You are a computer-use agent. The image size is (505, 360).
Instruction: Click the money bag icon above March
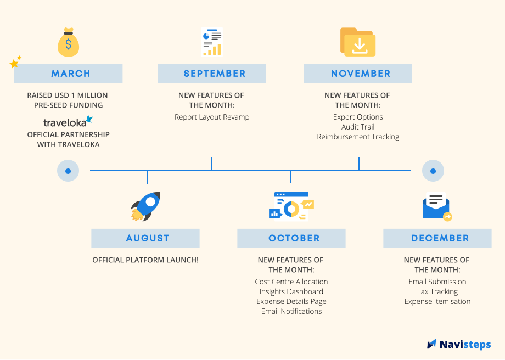[68, 42]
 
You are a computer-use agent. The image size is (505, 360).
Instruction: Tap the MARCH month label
[70, 74]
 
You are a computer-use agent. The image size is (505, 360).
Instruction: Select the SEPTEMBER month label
[215, 74]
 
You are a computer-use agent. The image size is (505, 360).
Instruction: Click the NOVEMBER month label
[361, 74]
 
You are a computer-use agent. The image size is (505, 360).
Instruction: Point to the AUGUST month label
[148, 238]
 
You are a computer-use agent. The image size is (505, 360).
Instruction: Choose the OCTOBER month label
[294, 238]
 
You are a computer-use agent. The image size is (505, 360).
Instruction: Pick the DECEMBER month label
[440, 238]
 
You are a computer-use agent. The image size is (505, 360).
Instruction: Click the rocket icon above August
[145, 206]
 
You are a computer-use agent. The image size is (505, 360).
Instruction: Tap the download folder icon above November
[358, 42]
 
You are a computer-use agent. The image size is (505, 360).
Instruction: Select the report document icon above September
[212, 42]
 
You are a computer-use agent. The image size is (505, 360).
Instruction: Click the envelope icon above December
[437, 207]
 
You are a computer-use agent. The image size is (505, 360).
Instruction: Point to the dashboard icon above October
[291, 206]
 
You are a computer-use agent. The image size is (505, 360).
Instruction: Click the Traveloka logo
[68, 122]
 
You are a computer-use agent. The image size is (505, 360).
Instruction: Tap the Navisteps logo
[459, 345]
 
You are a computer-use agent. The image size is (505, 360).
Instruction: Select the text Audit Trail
[358, 127]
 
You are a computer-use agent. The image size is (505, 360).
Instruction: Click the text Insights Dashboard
[291, 291]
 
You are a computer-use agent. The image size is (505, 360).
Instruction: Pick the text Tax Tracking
[437, 291]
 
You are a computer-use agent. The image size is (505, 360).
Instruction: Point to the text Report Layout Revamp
[212, 117]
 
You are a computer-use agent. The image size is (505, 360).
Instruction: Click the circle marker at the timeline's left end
[68, 171]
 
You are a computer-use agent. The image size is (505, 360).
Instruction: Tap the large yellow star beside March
[14, 64]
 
